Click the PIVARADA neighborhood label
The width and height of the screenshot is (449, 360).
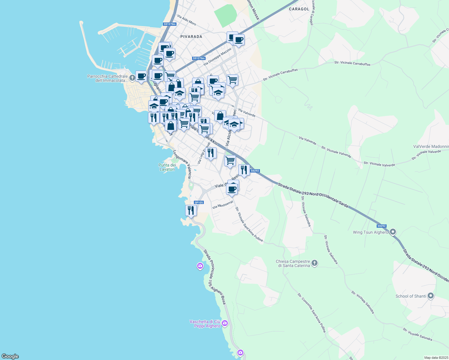(191, 37)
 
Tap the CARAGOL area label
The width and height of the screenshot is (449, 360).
(299, 9)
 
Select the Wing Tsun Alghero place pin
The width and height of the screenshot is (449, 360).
(393, 232)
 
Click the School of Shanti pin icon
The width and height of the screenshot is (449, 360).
(431, 296)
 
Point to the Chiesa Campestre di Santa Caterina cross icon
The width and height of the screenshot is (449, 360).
(314, 263)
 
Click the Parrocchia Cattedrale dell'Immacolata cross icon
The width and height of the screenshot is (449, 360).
(132, 78)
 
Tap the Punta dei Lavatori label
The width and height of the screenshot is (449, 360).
(167, 167)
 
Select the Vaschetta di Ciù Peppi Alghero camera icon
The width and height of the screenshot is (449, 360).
(225, 323)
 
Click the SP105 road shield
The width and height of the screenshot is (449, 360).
(199, 202)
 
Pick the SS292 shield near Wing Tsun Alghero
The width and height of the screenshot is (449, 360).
(381, 226)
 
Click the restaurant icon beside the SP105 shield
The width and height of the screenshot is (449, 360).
(191, 210)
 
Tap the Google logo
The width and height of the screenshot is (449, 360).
(10, 356)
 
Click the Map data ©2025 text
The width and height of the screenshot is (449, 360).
(435, 358)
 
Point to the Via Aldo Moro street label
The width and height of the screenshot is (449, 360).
(187, 20)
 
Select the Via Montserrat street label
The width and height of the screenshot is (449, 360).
(222, 205)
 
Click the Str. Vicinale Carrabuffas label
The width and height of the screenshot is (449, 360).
(352, 63)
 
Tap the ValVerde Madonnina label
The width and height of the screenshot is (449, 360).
(431, 146)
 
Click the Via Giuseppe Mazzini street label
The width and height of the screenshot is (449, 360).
(218, 56)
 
